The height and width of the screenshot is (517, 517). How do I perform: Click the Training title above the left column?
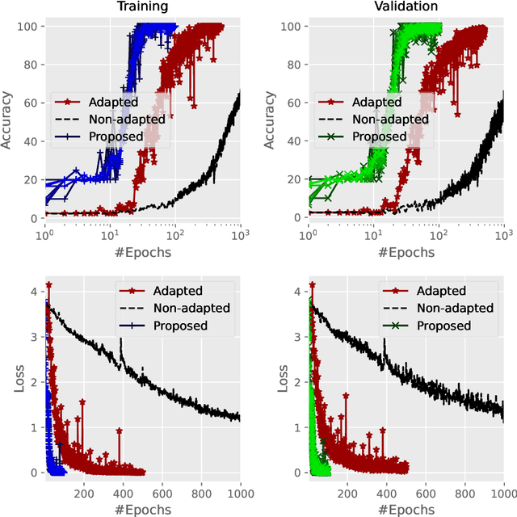pos(142,7)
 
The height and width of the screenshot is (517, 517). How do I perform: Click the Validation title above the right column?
pos(406,7)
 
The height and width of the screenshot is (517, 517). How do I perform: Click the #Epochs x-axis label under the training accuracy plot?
pos(142,252)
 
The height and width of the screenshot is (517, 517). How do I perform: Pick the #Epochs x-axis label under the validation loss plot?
pos(406,509)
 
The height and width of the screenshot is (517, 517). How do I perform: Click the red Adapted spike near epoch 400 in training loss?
pos(120,431)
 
